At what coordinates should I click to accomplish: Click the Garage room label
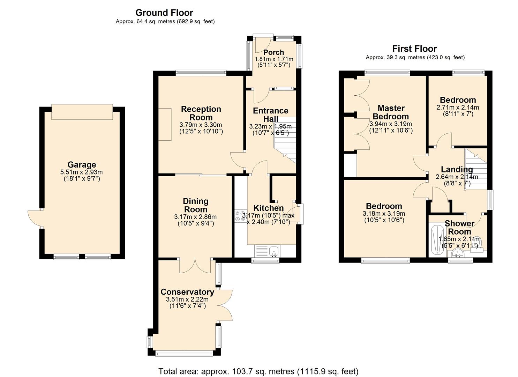coord(82,165)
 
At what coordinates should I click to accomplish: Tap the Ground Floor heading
coord(164,13)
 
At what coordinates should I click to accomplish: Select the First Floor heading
coord(414,49)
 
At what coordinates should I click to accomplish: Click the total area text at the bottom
coord(258,371)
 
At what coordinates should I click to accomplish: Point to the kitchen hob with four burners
coord(240,216)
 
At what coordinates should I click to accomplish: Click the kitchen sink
coord(274,251)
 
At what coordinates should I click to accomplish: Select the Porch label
coord(273,52)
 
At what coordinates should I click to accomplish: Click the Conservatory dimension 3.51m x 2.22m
coord(187,300)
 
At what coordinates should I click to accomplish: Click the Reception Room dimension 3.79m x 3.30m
coord(201,125)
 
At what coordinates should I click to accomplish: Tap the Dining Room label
coord(195,205)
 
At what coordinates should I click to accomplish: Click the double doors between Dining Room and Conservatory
coord(195,266)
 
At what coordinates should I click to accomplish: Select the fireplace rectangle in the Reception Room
coord(165,124)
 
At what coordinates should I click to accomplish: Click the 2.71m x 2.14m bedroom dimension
coord(458,108)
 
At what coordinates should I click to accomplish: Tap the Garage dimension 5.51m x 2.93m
coord(82,172)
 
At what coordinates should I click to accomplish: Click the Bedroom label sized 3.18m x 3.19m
coord(384,206)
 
